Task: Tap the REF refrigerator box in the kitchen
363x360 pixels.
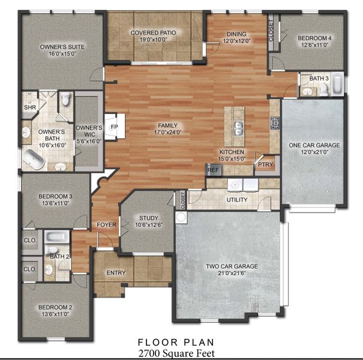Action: tap(213, 170)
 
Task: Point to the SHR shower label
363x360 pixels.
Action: tap(29, 108)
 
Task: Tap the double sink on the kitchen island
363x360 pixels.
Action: tap(238, 128)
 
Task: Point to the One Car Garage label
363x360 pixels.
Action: tap(314, 145)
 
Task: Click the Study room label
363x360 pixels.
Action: tap(148, 218)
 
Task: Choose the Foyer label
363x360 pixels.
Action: tap(106, 225)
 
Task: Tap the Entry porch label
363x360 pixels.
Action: tap(116, 273)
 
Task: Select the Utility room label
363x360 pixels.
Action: tap(237, 200)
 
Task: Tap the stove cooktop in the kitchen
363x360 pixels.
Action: tap(275, 124)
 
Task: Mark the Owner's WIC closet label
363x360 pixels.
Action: tap(86, 131)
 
